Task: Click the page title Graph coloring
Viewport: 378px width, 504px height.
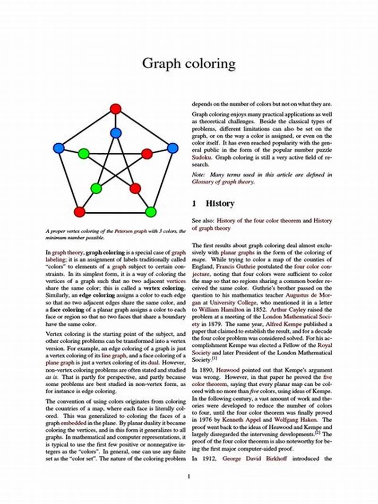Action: pyautogui.click(x=189, y=63)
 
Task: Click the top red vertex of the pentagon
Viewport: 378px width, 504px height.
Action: pyautogui.click(x=116, y=109)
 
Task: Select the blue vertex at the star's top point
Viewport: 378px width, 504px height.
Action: pyautogui.click(x=116, y=133)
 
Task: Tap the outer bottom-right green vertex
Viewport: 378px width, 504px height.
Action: pyautogui.click(x=151, y=211)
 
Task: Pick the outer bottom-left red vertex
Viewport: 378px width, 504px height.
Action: pyautogui.click(x=79, y=211)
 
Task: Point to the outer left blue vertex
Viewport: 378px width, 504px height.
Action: pyautogui.click(x=59, y=148)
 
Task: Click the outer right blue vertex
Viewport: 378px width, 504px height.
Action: pyautogui.click(x=173, y=148)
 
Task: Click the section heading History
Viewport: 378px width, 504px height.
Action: pyautogui.click(x=220, y=203)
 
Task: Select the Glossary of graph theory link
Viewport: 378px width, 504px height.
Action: pyautogui.click(x=223, y=182)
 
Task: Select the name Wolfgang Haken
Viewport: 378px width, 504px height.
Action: pyautogui.click(x=288, y=419)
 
